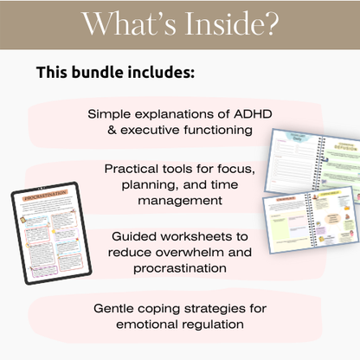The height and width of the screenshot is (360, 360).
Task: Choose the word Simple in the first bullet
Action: (x=108, y=113)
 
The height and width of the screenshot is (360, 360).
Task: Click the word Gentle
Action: (x=117, y=307)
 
